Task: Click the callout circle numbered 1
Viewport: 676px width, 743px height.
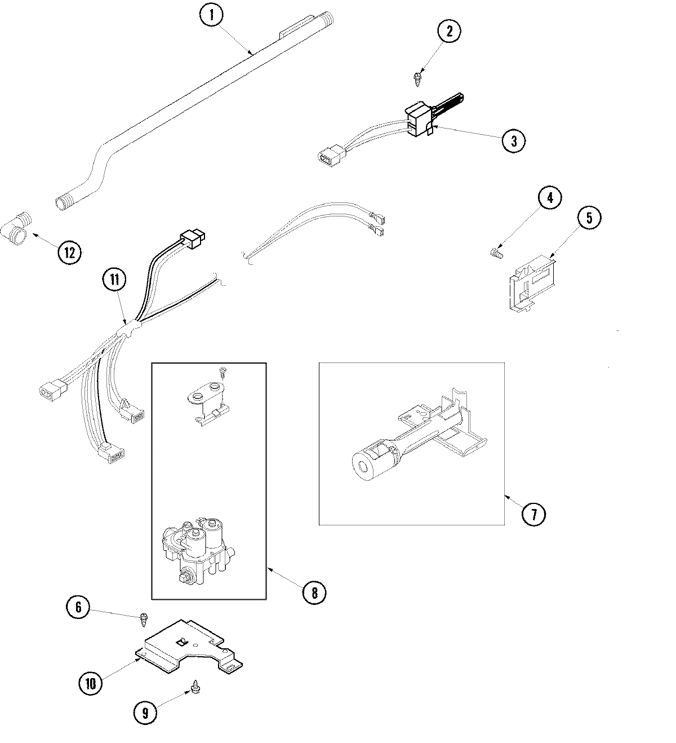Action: tap(212, 16)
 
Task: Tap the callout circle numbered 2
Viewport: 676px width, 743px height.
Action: tap(449, 32)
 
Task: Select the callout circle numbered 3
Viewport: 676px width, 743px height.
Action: tap(514, 141)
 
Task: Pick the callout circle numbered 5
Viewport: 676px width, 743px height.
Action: tap(589, 218)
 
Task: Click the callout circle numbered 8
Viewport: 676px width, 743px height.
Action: tap(314, 592)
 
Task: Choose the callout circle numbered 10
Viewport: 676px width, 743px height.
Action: tap(91, 684)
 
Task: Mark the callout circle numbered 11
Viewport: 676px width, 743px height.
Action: tap(114, 278)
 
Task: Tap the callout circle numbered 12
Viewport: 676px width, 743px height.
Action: tap(69, 252)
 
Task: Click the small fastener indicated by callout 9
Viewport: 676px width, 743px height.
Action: tap(195, 686)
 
